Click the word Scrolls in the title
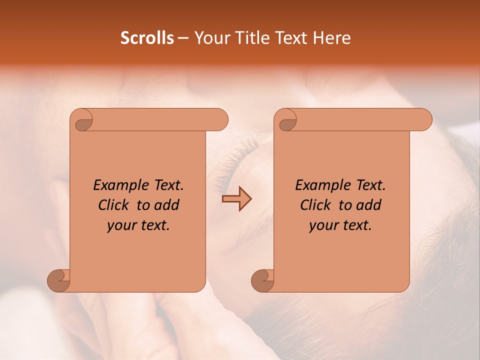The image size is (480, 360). coord(147,38)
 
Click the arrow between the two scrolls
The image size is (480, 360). coord(236,199)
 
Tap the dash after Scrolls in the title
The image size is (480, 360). coord(183,38)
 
